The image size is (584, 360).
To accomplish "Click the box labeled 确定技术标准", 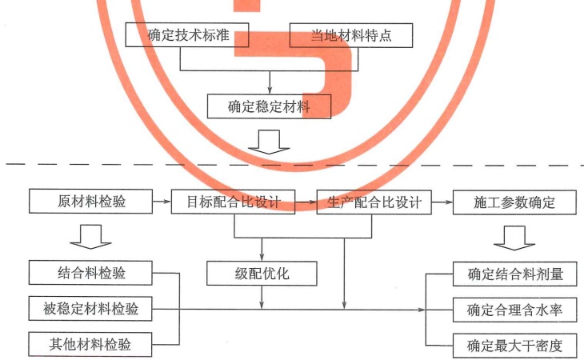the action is coord(187,34).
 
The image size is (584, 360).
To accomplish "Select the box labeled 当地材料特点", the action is coord(351,35).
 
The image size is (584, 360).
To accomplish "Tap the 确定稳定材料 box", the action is coord(269,106).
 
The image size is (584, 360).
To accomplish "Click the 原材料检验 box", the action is coord(90,202).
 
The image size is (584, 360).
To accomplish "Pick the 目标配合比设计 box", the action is coord(233,202).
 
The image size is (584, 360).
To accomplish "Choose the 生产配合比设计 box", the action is coord(374,202).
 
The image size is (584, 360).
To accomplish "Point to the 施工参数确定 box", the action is coord(514,202).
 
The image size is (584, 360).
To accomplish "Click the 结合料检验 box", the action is coord(90,273).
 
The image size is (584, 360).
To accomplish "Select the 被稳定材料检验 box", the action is coord(90,309).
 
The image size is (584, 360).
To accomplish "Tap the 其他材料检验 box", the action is coord(90,344).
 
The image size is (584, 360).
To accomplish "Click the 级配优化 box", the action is coord(262,274).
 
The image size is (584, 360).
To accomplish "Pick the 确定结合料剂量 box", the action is coord(514,274).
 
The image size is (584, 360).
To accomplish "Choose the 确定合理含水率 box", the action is coord(514,310).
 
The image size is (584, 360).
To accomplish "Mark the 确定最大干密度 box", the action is coord(514,346).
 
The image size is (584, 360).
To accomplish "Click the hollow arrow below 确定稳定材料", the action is coord(269,142).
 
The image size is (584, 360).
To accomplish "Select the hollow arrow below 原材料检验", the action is coord(90,237).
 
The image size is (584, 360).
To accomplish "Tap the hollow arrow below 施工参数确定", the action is coord(514,238).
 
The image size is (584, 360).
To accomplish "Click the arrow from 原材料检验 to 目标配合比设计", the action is coord(162,202).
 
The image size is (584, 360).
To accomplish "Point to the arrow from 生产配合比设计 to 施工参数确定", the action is coord(442,202).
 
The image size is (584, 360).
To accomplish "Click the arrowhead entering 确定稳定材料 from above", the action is coord(270,91).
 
